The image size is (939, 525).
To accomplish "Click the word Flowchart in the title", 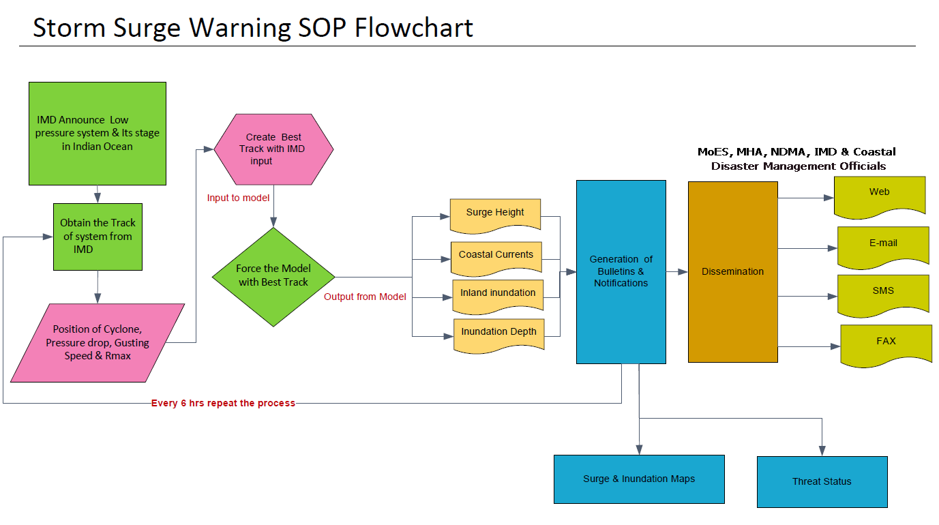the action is click(414, 28).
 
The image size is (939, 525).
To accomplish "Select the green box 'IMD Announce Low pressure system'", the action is click(98, 133).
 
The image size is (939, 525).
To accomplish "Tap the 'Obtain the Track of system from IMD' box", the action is click(98, 237).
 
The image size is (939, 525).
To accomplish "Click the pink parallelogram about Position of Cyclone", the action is click(98, 343).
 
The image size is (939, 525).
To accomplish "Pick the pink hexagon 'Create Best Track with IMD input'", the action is click(273, 149).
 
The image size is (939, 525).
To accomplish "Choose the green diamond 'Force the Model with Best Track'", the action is click(273, 277).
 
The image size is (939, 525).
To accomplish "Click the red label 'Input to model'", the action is click(238, 198).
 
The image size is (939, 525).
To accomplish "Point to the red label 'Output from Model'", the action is click(365, 297).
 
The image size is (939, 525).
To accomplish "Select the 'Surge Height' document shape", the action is click(495, 215).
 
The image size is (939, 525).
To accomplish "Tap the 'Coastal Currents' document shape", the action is click(496, 258).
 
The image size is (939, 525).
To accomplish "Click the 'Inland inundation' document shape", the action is click(498, 297).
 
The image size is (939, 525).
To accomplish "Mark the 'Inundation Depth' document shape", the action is click(499, 335).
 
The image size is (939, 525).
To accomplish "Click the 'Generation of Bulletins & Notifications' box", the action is click(621, 272).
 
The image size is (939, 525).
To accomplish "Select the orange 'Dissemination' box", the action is click(733, 272).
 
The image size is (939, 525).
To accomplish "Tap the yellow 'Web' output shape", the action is click(880, 197).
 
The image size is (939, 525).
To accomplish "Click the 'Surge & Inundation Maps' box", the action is click(639, 479).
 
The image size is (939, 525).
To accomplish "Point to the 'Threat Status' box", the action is click(822, 482).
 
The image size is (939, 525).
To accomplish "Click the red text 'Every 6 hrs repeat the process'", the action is click(223, 403).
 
